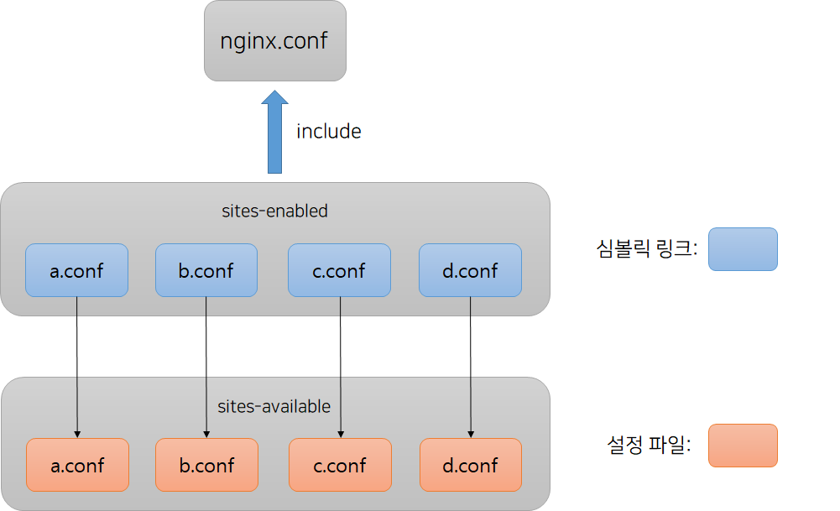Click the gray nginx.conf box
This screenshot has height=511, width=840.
[x=275, y=40]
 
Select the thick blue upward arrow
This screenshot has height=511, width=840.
[x=274, y=134]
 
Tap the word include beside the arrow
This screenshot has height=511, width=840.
[x=329, y=132]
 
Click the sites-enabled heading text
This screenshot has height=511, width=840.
[x=274, y=211]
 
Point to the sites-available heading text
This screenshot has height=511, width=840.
[x=274, y=406]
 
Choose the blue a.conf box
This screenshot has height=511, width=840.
[x=76, y=270]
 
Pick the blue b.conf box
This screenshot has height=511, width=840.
[x=206, y=270]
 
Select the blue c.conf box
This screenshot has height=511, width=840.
[x=339, y=270]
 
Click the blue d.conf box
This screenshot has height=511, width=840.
[x=470, y=270]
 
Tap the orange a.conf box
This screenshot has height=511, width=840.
[x=77, y=465]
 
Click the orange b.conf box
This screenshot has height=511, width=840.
[x=206, y=465]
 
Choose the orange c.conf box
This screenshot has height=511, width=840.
[x=340, y=465]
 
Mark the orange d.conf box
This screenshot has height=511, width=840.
[x=471, y=465]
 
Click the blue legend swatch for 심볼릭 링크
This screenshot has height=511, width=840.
[x=743, y=249]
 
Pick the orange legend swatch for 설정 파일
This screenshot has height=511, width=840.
[x=743, y=445]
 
